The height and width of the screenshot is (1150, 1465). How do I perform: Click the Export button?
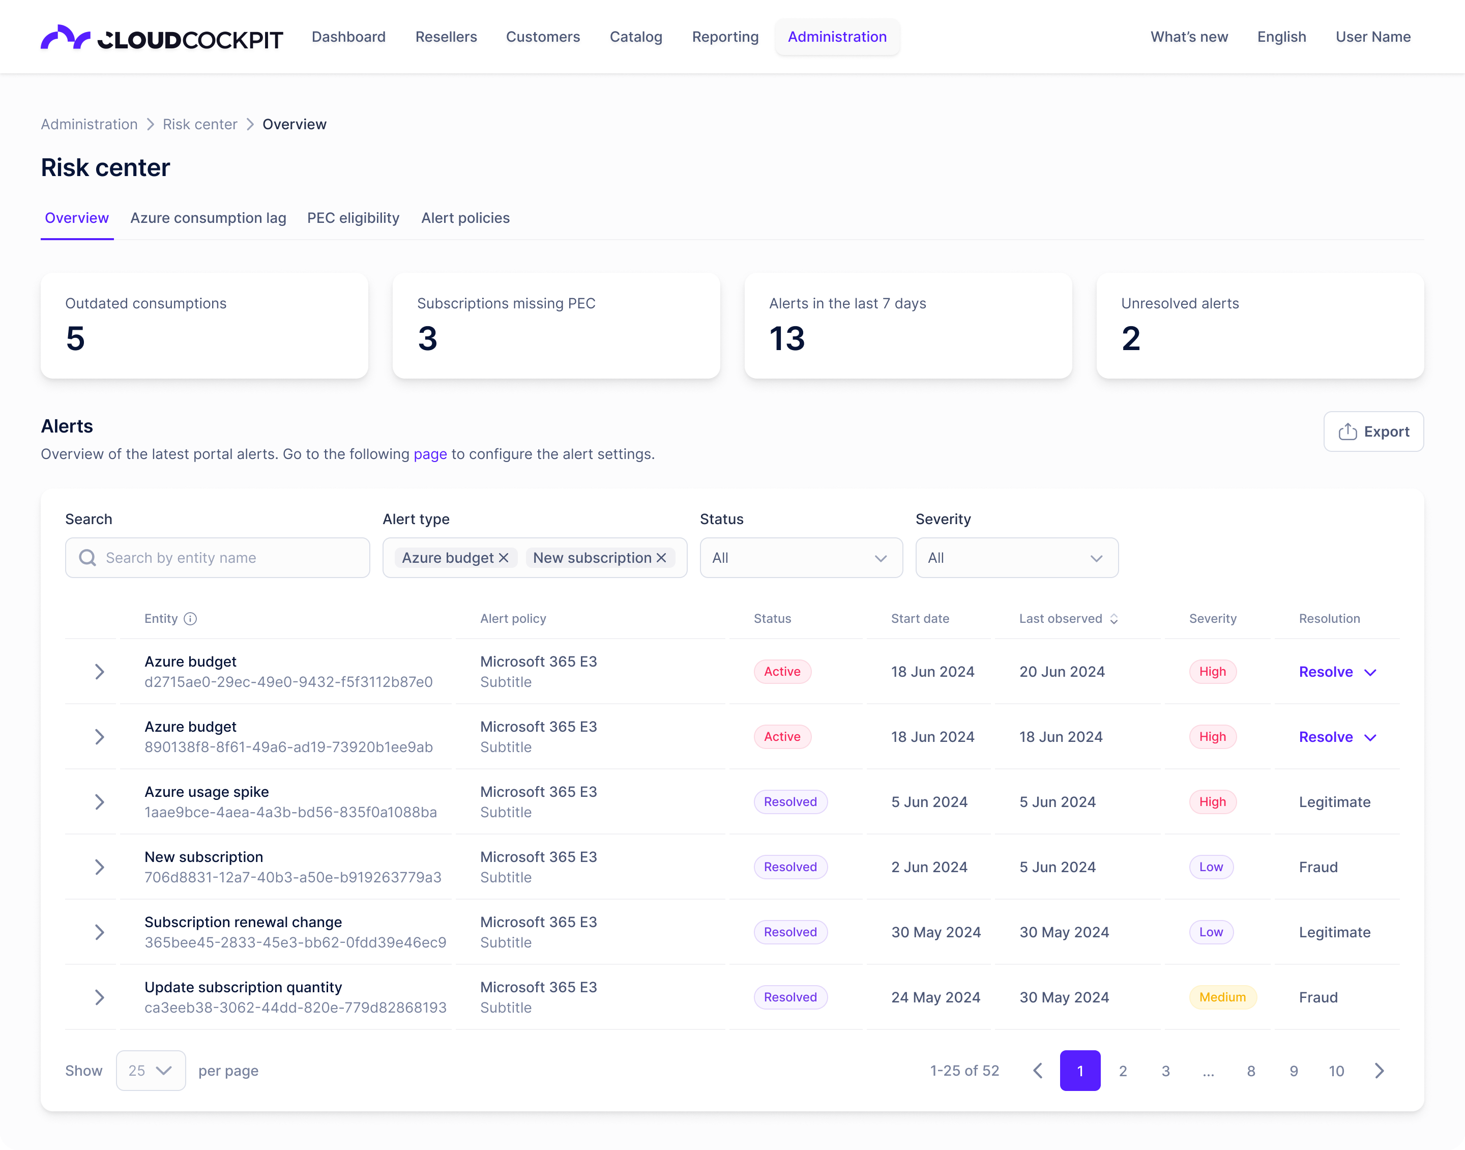[x=1373, y=432]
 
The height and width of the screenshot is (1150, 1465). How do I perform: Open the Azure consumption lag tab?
[x=208, y=218]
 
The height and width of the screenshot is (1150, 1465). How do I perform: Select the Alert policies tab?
[x=465, y=218]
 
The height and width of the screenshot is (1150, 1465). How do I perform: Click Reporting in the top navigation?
[x=725, y=37]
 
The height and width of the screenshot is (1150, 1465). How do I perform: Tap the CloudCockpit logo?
[x=162, y=38]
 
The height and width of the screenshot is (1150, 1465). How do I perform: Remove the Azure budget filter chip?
[x=504, y=558]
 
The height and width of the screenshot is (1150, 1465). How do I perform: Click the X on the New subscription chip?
[x=661, y=558]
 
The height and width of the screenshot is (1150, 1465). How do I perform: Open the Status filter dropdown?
[x=801, y=558]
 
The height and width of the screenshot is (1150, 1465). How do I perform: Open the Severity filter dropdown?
[x=1016, y=558]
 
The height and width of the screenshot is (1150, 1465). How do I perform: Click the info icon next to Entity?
[x=190, y=619]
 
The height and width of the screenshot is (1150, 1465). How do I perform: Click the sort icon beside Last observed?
[x=1114, y=619]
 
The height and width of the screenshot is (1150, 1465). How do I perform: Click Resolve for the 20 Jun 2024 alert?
[x=1326, y=672]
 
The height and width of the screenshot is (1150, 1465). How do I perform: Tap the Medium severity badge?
[x=1222, y=997]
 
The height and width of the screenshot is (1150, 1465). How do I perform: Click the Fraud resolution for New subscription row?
[x=1317, y=867]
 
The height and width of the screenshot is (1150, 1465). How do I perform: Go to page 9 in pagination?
[x=1294, y=1071]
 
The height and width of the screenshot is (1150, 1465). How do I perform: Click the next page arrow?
[x=1379, y=1071]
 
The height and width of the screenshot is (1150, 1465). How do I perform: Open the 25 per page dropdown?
[x=151, y=1071]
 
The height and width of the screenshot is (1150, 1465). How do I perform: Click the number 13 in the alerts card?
[x=786, y=339]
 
